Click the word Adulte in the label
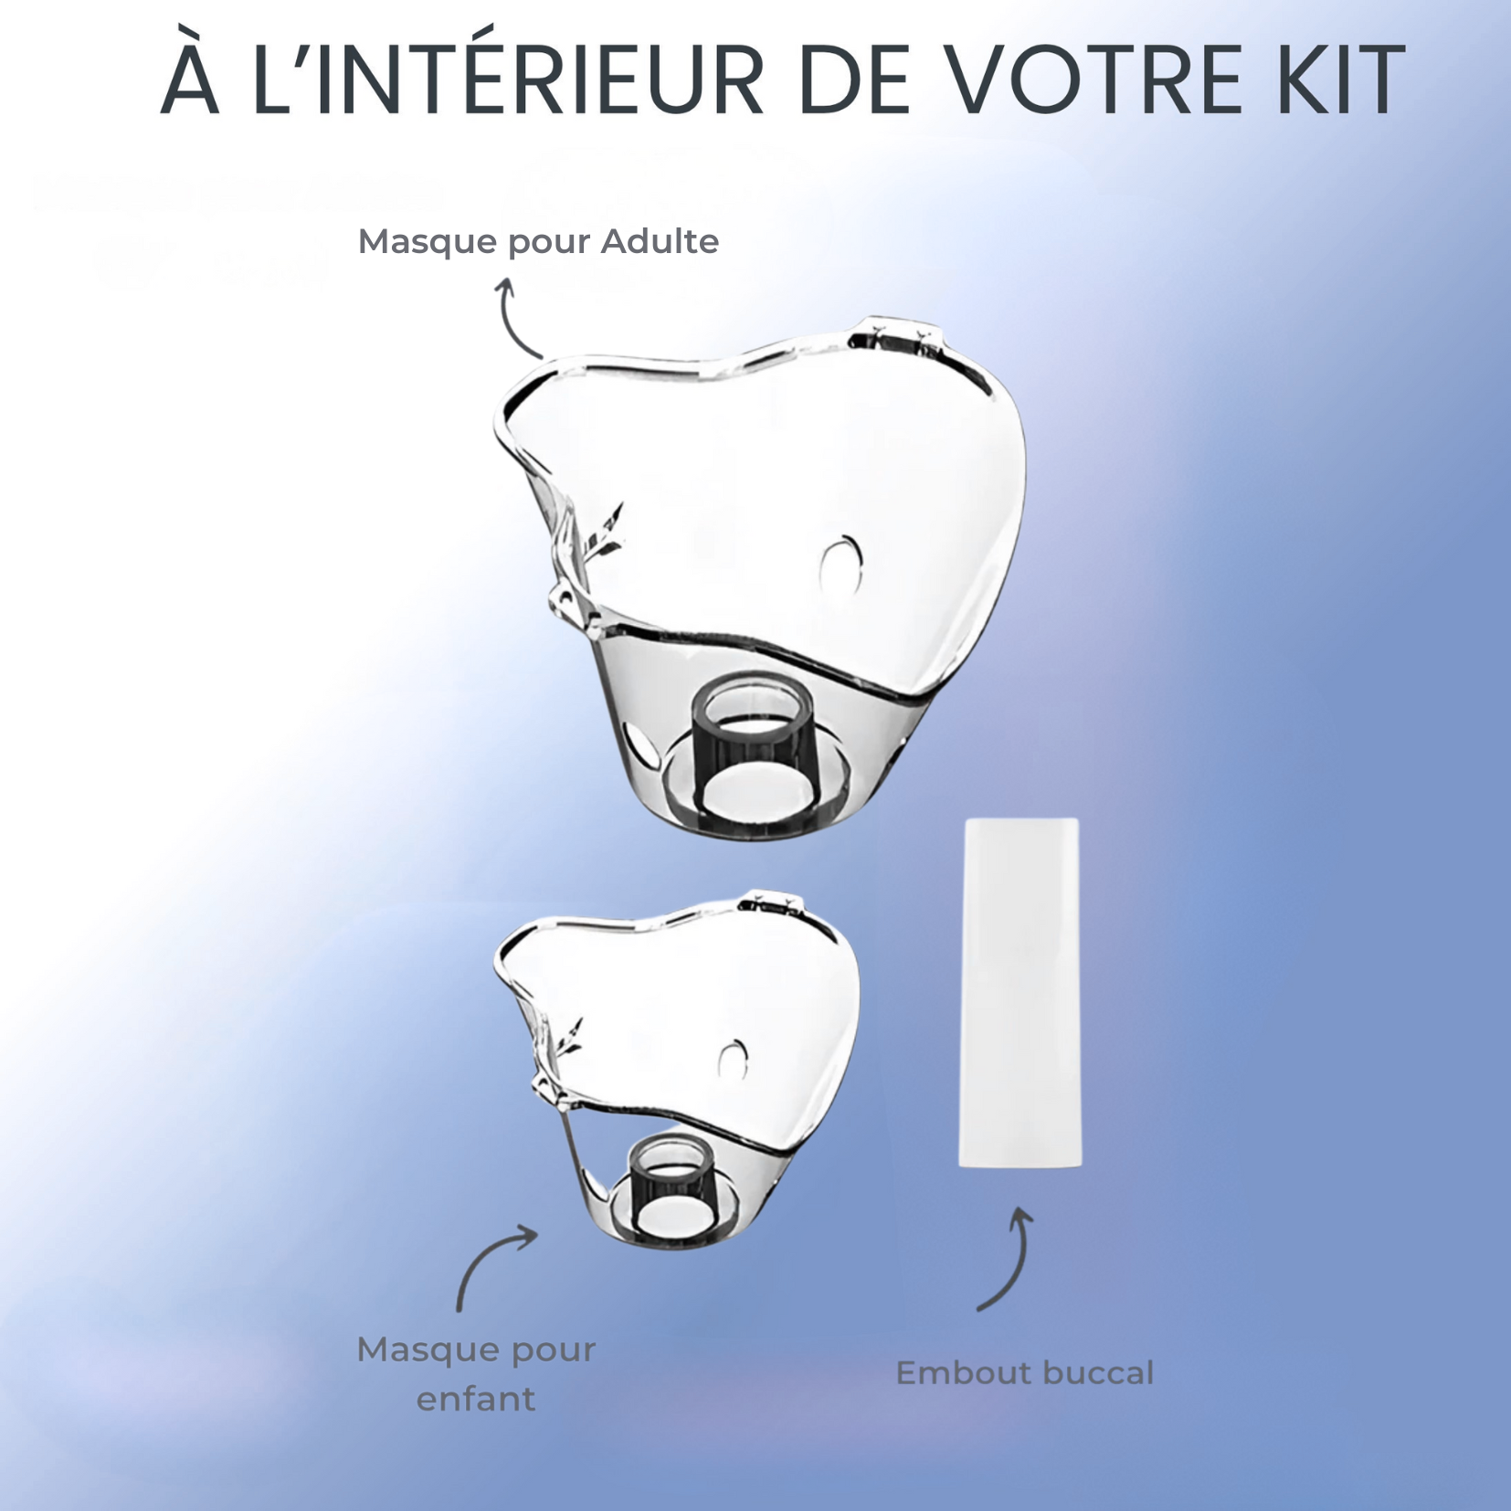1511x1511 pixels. pos(660,242)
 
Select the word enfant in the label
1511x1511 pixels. pos(476,1399)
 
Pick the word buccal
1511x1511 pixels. pos(1094,1373)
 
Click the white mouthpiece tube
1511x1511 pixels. pos(1020,992)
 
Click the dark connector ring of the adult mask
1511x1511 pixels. pos(755,747)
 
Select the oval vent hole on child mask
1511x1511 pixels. pos(733,1059)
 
